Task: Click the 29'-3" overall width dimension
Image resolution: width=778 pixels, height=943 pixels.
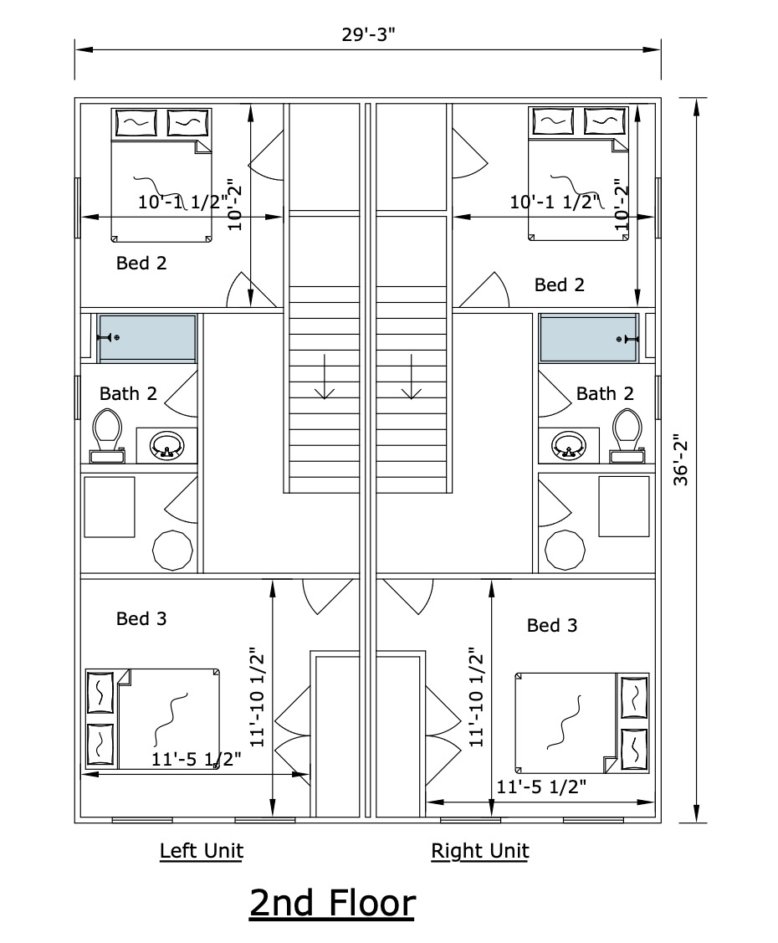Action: (368, 35)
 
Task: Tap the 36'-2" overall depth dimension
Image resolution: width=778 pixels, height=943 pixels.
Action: (681, 460)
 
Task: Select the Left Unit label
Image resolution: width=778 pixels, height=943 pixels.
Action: (202, 851)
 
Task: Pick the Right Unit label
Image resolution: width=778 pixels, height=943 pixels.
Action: (480, 851)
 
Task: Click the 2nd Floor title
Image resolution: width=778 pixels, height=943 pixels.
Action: (332, 904)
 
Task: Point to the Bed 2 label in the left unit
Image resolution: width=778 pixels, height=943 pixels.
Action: (141, 263)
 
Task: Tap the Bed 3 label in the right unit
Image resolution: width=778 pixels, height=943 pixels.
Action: (552, 626)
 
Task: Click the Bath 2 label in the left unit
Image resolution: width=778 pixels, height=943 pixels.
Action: (128, 394)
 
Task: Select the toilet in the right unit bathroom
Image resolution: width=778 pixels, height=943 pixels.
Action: (627, 435)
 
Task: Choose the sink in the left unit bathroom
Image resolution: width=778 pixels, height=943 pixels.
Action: (166, 446)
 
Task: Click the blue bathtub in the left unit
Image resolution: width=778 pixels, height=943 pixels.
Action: (147, 339)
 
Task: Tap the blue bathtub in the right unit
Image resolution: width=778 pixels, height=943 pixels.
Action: (589, 339)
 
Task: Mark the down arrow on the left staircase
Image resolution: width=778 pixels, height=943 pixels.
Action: (325, 377)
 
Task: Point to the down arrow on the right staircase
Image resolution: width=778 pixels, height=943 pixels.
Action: (412, 377)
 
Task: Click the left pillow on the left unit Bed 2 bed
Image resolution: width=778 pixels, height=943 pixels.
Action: (136, 123)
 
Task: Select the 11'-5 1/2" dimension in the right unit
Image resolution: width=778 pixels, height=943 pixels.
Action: (540, 787)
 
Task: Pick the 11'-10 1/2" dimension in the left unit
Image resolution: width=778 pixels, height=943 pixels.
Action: (257, 697)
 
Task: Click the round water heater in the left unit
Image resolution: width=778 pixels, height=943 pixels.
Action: (172, 550)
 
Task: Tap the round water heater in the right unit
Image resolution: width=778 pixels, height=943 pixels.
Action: (565, 550)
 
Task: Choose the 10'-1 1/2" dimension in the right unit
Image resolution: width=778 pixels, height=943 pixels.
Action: (555, 202)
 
